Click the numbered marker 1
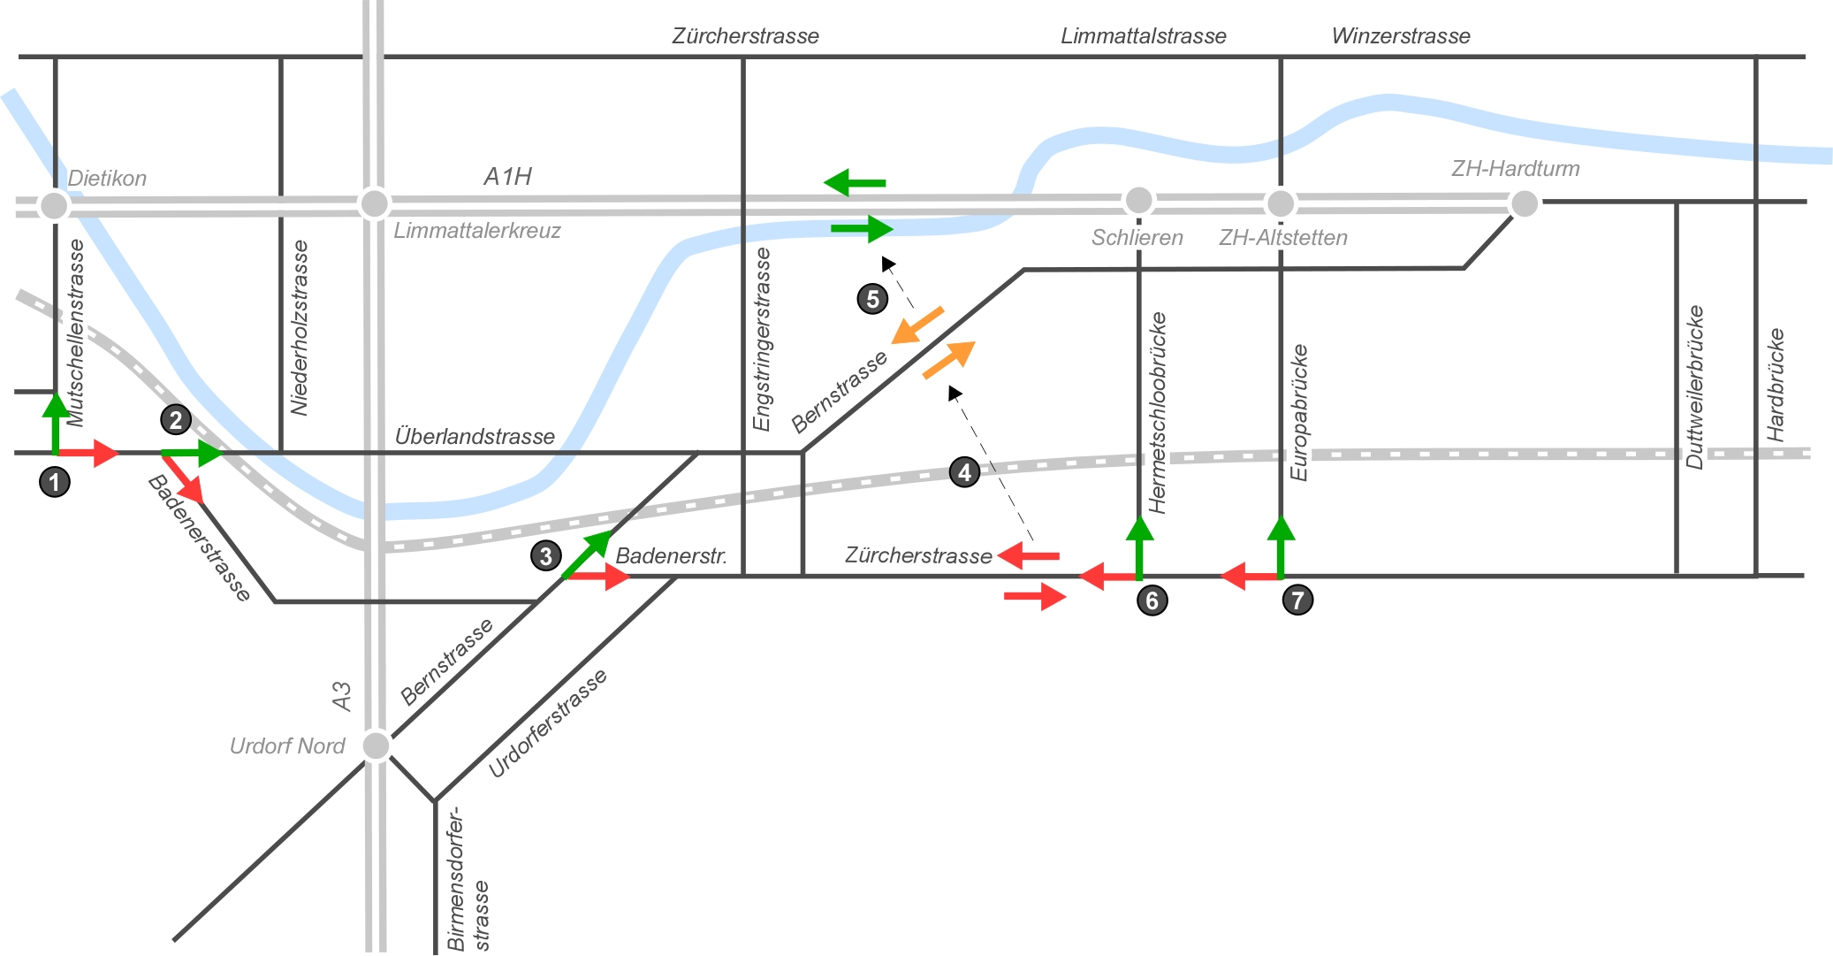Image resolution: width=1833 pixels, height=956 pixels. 55,482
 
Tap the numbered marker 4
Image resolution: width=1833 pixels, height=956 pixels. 964,472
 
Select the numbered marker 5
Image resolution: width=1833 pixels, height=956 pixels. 872,299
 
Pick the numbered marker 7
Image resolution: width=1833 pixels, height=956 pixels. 1297,600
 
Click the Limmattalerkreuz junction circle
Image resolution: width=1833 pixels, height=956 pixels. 374,203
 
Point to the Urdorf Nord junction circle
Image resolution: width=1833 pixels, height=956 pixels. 376,746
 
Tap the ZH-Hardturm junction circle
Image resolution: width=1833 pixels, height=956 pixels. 1525,203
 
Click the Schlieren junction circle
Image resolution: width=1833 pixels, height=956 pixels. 1138,201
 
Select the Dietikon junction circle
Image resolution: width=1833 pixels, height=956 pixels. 55,205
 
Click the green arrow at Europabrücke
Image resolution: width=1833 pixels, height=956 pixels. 1281,546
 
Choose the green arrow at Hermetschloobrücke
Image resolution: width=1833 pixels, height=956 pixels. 1139,546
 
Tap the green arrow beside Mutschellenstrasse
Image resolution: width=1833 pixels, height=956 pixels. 56,423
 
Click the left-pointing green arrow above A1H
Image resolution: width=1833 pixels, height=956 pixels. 855,183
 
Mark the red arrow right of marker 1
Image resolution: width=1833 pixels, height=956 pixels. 87,453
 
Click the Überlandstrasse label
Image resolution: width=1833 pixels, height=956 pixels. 475,436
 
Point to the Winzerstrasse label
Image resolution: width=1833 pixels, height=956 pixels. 1401,36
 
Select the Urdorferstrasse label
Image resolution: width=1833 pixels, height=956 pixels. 548,723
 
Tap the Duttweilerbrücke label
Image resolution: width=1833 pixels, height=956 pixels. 1694,386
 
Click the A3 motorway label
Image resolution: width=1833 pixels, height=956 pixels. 342,696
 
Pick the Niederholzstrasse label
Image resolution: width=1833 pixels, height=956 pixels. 300,327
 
